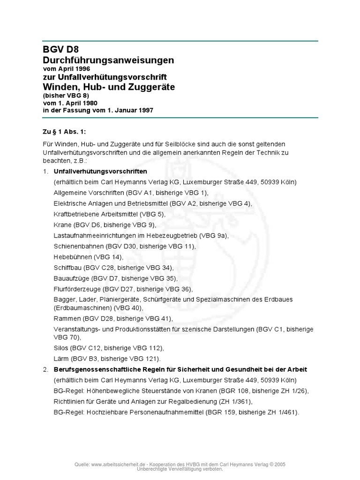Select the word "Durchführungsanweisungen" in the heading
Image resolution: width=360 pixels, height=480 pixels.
108,60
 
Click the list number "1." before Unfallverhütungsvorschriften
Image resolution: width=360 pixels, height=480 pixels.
46,171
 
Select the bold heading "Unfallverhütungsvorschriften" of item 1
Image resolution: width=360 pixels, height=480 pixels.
100,171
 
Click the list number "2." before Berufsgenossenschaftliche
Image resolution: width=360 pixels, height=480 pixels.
46,369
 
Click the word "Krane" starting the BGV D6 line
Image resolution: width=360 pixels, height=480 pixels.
63,225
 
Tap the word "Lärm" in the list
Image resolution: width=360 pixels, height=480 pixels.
61,359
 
